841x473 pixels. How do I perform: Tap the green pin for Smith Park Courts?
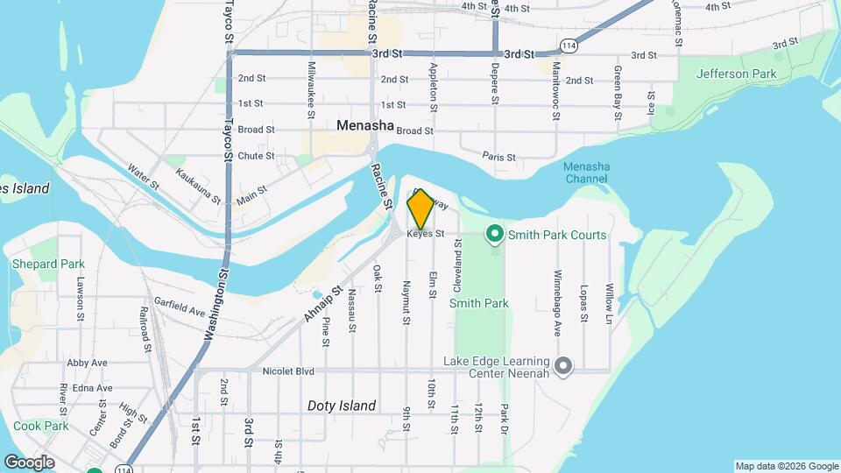[x=494, y=234]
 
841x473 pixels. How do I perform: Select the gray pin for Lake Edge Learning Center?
[x=563, y=365]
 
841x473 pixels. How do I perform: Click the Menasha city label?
[x=365, y=126]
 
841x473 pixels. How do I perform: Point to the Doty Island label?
[x=342, y=406]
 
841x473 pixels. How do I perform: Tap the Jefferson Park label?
[x=736, y=74]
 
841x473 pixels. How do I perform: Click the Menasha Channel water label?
[x=586, y=173]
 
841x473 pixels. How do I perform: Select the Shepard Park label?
[x=46, y=264]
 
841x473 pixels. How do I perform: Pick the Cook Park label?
[x=40, y=426]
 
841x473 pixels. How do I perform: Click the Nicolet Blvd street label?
[x=288, y=371]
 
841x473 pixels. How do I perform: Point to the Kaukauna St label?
[x=198, y=185]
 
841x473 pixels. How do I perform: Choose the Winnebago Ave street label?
[x=557, y=292]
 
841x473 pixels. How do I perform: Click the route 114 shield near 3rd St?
[x=569, y=45]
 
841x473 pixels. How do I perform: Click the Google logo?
[x=29, y=462]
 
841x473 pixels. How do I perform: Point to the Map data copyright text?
[x=787, y=466]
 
